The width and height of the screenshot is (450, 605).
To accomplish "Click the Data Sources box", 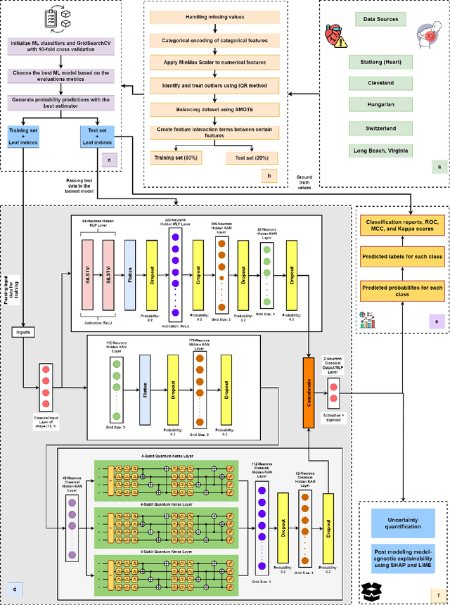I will [385, 19].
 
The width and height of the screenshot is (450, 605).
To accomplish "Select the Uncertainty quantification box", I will [403, 520].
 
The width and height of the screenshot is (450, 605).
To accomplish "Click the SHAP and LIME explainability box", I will [403, 555].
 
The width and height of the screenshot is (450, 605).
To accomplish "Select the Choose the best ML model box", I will [59, 77].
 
